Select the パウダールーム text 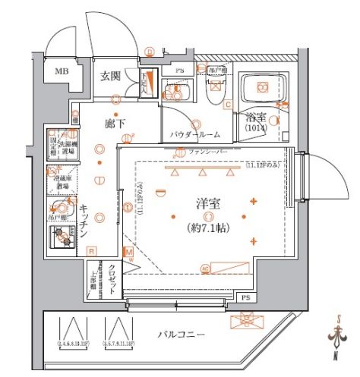tap(195, 134)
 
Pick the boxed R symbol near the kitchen tap(90, 251)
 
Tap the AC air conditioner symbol tap(205, 266)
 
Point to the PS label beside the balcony tap(245, 297)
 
